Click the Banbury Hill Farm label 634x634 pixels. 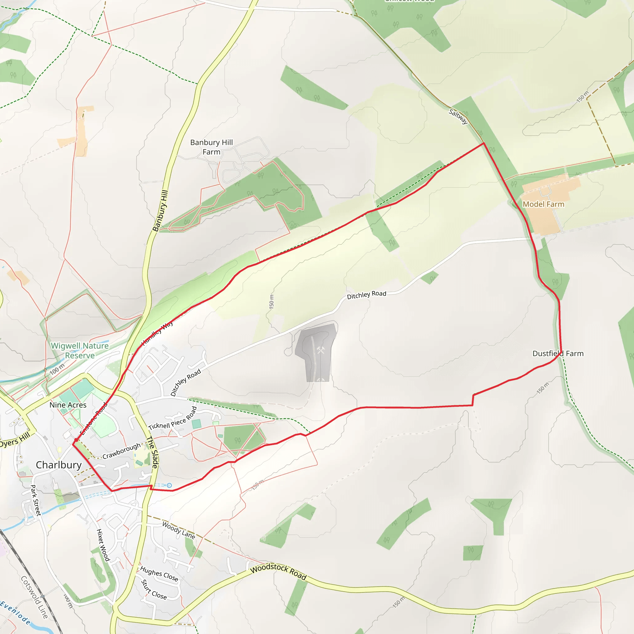(211, 147)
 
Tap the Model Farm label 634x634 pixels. (543, 204)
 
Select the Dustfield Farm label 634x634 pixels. (558, 354)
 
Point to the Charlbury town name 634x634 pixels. (59, 465)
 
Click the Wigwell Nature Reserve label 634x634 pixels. (80, 350)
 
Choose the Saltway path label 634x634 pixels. (458, 116)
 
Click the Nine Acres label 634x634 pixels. (68, 405)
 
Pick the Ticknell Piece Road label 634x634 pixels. (173, 419)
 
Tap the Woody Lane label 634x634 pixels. (179, 530)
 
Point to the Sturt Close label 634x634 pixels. (154, 590)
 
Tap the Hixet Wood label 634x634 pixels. (103, 545)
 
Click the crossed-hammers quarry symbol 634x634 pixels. (321, 350)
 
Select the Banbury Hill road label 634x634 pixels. (160, 211)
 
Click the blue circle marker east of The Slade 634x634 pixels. (169, 485)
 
